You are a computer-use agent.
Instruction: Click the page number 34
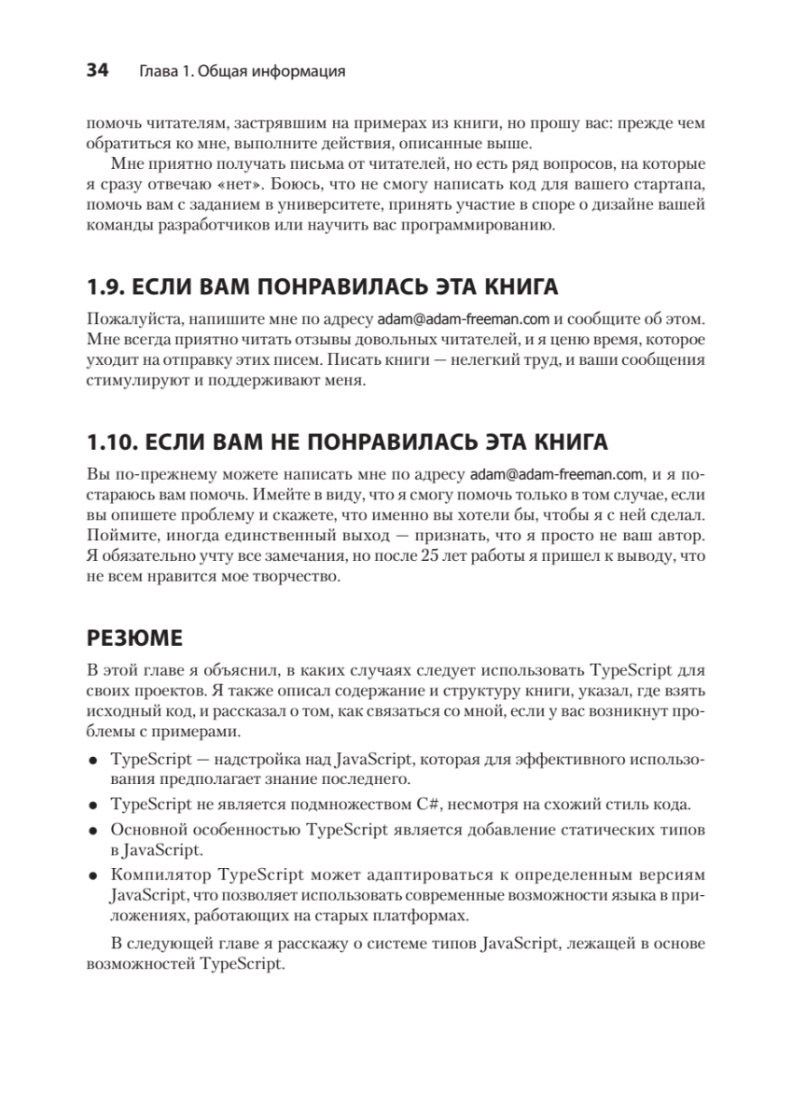pos(97,70)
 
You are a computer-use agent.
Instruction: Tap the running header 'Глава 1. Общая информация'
pos(242,71)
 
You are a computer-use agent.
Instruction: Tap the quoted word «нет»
pos(241,185)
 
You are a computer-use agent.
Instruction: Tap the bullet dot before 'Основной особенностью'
pos(93,830)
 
